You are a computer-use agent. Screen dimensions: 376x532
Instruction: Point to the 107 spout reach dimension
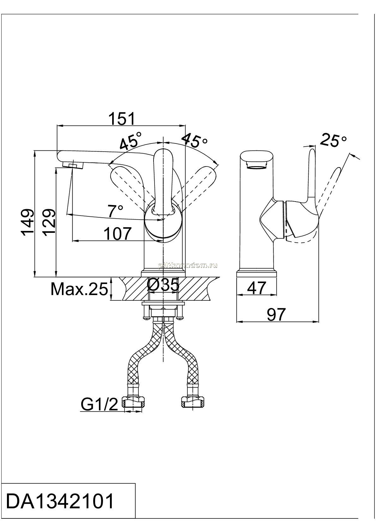(x=118, y=234)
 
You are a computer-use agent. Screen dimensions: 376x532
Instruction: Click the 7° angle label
(x=115, y=211)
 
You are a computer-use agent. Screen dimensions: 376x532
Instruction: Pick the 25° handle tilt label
(x=333, y=141)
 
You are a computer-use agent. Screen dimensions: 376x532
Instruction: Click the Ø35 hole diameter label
(x=163, y=285)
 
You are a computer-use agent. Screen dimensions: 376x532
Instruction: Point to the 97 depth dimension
(x=276, y=315)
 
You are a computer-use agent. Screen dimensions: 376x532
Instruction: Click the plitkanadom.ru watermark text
(x=188, y=266)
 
